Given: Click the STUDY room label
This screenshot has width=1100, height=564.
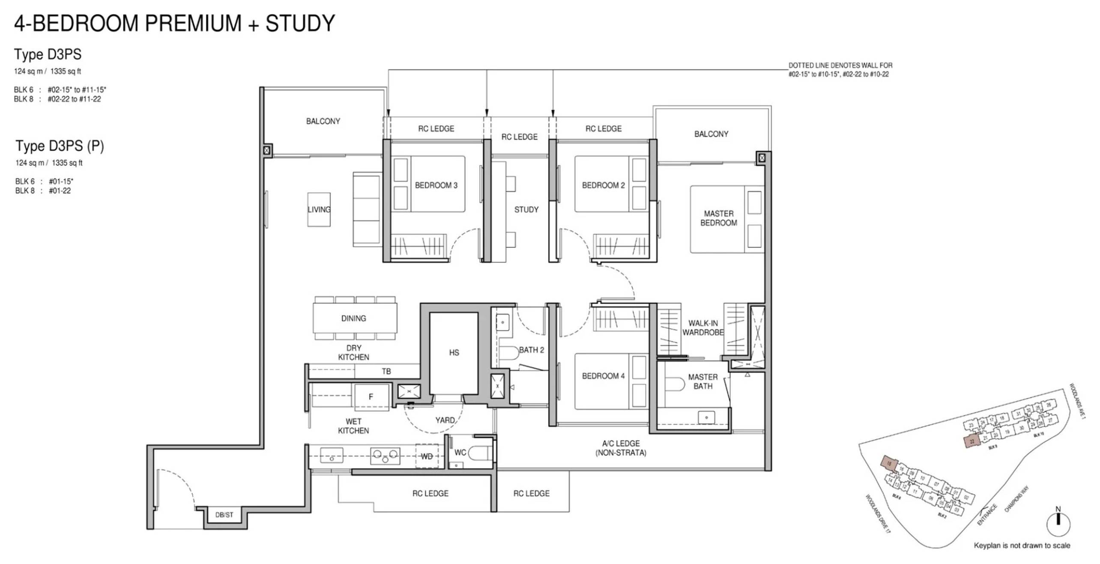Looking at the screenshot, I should [x=526, y=210].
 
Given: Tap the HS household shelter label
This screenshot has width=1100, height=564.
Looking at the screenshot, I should [x=454, y=353].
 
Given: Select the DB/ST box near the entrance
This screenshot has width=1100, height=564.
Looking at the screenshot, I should [x=224, y=515].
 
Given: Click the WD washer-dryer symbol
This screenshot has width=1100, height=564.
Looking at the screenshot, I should [x=427, y=456].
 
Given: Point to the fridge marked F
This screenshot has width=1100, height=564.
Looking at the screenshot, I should [x=371, y=397].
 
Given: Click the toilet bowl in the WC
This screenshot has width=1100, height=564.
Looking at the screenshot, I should [x=479, y=453].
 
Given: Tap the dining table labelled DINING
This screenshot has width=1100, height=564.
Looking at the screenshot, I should [x=354, y=318].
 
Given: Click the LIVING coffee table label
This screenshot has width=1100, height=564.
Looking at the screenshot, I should [x=319, y=210].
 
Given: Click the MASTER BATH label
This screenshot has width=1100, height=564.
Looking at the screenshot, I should [x=702, y=381].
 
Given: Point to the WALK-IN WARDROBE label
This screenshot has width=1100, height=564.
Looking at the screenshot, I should [x=702, y=328].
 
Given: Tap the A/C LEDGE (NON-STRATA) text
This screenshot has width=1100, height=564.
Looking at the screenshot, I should [x=621, y=448].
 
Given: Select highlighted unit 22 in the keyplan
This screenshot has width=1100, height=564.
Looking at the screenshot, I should [x=972, y=441].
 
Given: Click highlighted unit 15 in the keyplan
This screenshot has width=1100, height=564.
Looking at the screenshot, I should [x=889, y=463].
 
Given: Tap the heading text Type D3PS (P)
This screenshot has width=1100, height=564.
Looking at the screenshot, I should [x=60, y=146].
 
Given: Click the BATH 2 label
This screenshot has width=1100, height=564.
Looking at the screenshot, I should [x=531, y=350].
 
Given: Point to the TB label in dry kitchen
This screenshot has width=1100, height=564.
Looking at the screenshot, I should [x=386, y=372].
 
